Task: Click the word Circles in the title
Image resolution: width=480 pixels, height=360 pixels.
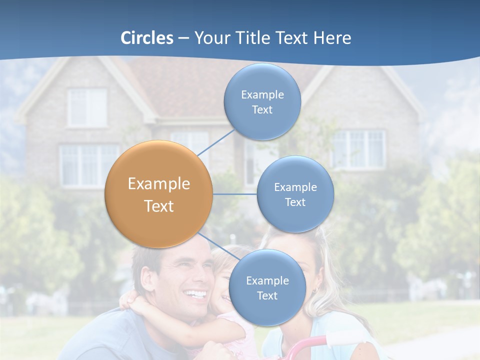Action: (147, 38)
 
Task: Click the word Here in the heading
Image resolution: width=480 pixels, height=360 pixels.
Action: (332, 38)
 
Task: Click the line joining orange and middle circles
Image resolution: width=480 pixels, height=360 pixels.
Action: (235, 194)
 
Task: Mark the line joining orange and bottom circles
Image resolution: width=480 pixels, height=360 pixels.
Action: (218, 246)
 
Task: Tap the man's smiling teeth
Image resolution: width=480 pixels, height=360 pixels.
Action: (196, 294)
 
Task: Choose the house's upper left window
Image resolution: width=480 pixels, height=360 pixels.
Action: (87, 107)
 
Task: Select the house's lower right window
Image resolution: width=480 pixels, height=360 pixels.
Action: (359, 149)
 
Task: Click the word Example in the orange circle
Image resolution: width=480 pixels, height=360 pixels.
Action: (159, 184)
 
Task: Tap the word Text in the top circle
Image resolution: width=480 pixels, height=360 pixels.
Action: (262, 110)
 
